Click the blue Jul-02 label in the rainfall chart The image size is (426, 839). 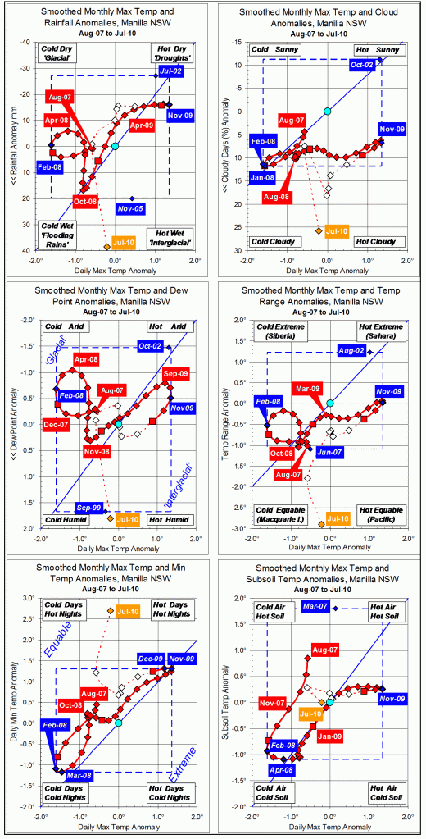coord(171,73)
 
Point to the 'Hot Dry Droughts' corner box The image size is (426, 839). coord(172,56)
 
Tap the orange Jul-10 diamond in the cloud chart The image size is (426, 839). coord(319,230)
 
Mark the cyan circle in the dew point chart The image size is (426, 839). coord(119,425)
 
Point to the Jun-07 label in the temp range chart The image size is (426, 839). coord(330,452)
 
